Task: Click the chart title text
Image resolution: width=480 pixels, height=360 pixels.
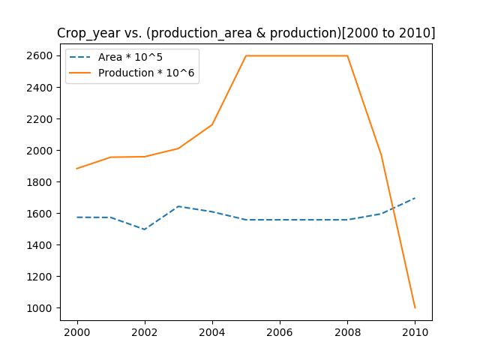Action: (246, 33)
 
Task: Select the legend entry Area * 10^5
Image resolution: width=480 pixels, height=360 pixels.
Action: (130, 58)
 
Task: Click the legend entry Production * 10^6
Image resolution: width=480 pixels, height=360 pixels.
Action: (148, 73)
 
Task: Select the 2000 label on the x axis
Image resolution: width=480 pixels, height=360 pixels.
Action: (77, 332)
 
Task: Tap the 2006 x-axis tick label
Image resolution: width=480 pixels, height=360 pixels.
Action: (280, 332)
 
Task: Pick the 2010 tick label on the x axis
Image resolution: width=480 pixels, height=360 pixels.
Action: (415, 332)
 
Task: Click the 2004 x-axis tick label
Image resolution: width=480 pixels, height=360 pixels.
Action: (212, 332)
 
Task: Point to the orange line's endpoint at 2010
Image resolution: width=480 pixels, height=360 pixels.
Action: (415, 307)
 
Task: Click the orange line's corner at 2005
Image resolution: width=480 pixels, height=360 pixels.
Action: (246, 55)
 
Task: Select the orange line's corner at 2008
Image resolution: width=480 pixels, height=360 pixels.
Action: (347, 55)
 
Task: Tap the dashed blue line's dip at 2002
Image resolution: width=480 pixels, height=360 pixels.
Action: (145, 229)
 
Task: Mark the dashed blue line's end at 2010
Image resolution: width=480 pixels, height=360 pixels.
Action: (415, 198)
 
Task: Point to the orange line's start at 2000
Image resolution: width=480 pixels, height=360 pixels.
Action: (77, 169)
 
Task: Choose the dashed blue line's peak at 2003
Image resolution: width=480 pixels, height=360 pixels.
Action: (178, 206)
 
